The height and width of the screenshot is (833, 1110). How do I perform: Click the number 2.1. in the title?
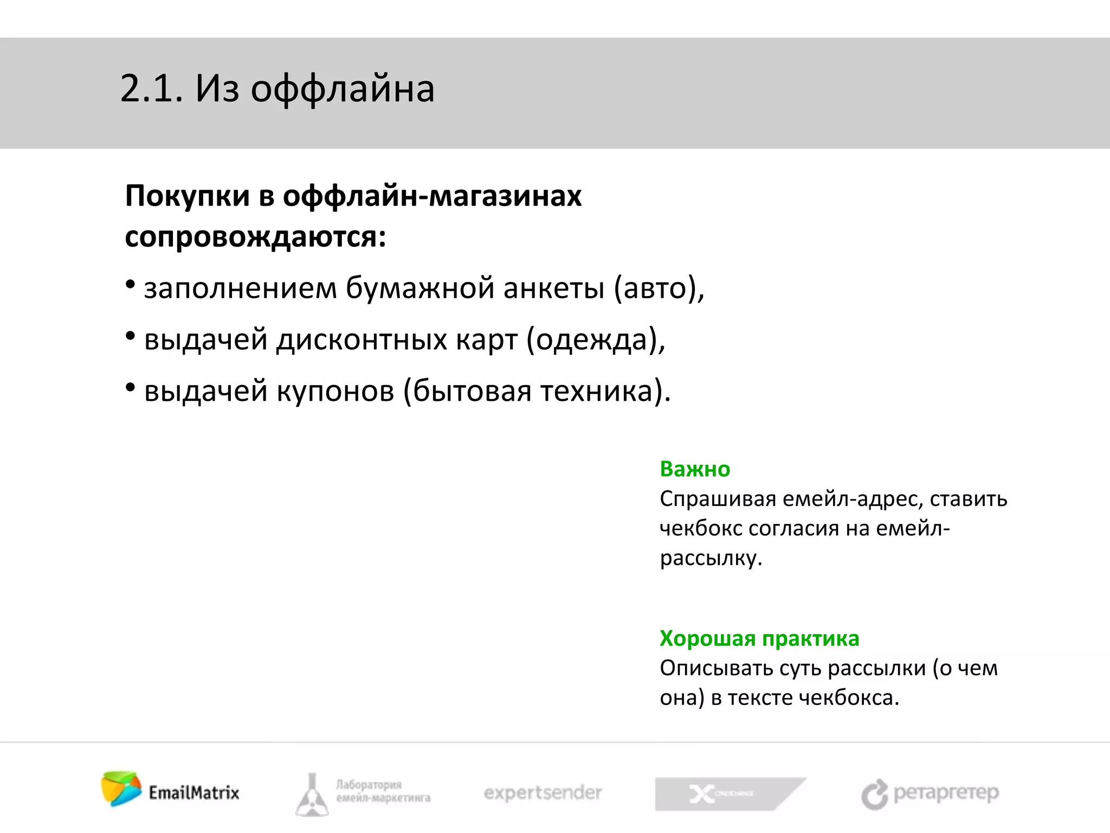[x=151, y=89]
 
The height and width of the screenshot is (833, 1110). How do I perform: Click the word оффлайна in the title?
[x=343, y=90]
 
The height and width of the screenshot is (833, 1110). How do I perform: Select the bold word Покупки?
[x=188, y=196]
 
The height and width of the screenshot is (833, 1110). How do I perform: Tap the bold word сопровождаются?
[x=255, y=238]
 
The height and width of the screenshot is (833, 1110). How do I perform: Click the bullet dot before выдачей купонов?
[x=130, y=387]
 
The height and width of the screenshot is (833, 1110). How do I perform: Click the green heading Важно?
[x=695, y=469]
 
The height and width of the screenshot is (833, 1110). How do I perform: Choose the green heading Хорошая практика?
[x=759, y=639]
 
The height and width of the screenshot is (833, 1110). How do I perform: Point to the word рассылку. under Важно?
[x=711, y=558]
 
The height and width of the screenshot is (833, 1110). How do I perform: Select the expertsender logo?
[x=543, y=793]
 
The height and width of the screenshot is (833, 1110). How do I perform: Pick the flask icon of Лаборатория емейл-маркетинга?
[x=312, y=795]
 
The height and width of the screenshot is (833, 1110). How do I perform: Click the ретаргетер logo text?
[x=946, y=793]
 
